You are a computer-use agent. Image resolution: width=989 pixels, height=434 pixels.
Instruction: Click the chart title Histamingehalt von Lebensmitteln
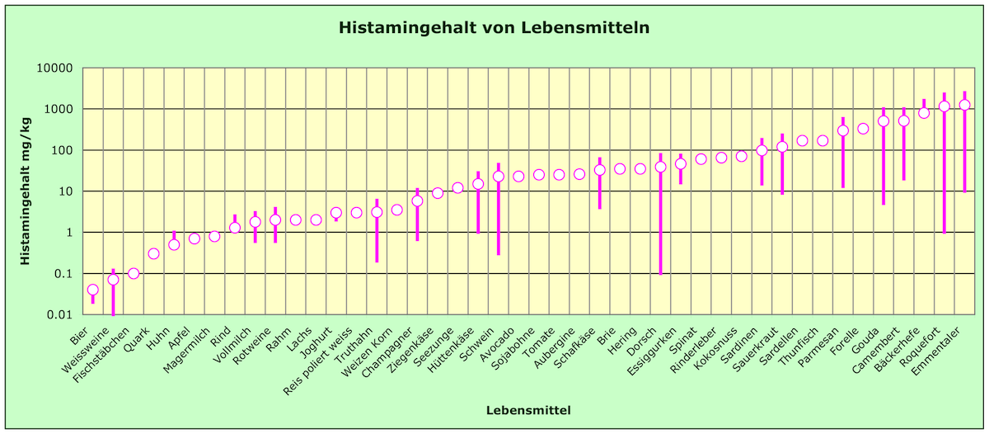(x=494, y=28)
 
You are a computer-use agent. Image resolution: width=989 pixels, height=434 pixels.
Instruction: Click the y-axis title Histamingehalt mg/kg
(x=26, y=191)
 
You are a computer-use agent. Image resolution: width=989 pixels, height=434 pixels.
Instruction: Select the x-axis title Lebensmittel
(x=528, y=410)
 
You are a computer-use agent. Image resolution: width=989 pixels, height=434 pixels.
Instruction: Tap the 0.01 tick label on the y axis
(x=59, y=314)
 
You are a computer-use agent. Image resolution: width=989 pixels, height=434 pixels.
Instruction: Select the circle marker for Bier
(x=93, y=290)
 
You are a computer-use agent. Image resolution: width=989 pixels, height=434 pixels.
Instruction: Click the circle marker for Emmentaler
(x=964, y=105)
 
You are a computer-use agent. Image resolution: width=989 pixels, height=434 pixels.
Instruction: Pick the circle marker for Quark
(x=154, y=253)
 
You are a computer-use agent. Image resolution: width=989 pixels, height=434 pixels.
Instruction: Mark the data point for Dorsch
(x=660, y=167)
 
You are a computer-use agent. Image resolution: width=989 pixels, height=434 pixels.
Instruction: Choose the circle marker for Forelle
(x=863, y=129)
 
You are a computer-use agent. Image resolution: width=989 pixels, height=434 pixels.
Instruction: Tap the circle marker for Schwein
(x=499, y=176)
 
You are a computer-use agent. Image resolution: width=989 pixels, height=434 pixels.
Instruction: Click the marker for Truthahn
(x=377, y=212)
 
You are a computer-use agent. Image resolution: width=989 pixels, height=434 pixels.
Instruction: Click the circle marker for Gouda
(x=884, y=121)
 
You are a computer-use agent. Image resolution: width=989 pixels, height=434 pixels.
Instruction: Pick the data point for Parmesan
(x=842, y=130)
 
